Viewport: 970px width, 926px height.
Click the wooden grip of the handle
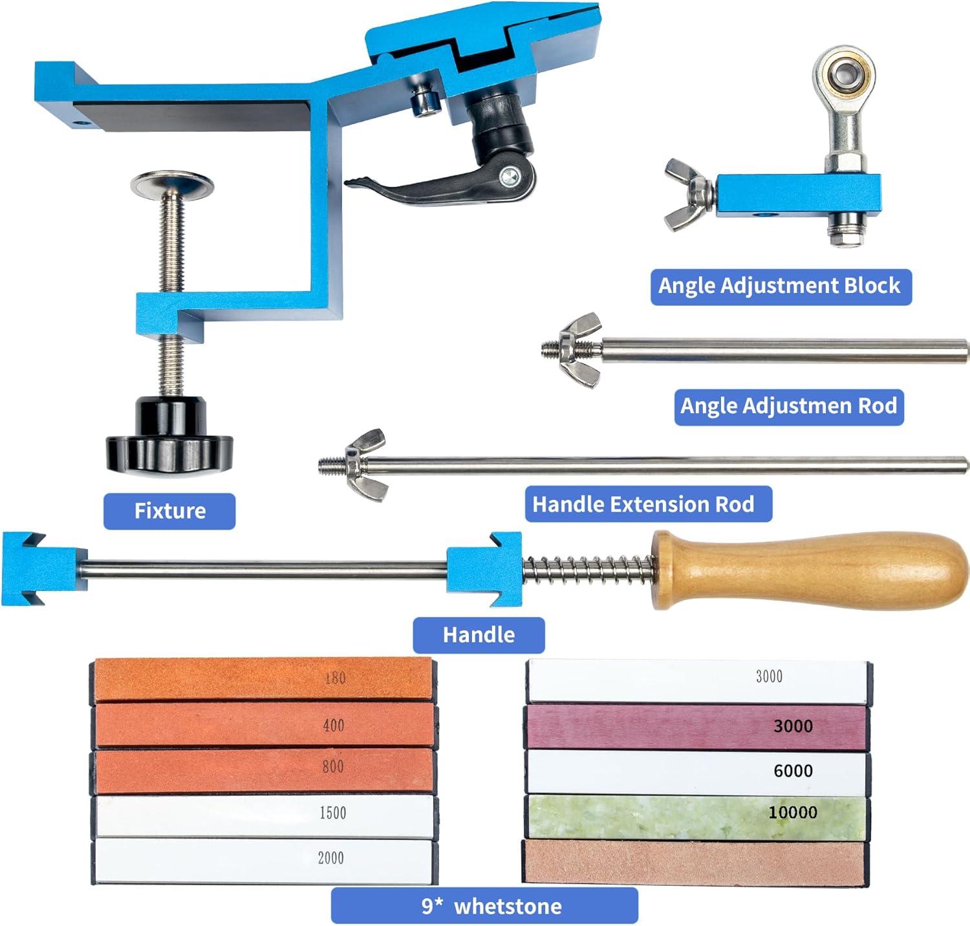click(815, 570)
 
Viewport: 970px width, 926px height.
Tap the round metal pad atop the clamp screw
click(172, 184)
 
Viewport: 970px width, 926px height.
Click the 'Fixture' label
click(169, 511)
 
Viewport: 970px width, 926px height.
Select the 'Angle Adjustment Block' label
click(781, 286)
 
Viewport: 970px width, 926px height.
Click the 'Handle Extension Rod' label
click(647, 504)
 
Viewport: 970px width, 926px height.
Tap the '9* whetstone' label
click(484, 905)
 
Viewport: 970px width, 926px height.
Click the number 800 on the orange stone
click(333, 767)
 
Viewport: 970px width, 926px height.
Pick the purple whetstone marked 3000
click(696, 727)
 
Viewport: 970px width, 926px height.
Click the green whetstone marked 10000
click(696, 816)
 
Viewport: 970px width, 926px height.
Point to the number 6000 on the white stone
click(793, 771)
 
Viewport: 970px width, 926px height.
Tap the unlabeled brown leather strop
click(695, 861)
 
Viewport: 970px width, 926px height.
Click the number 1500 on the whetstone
click(333, 813)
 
